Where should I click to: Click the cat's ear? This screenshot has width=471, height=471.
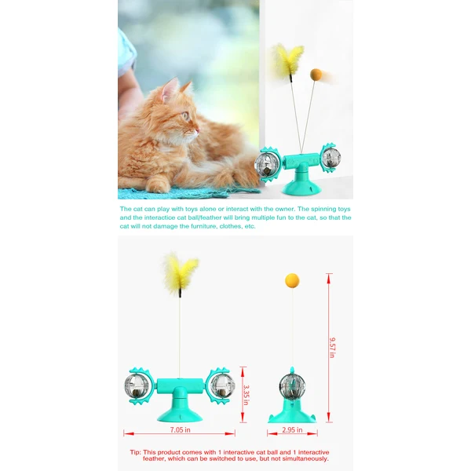(169, 90)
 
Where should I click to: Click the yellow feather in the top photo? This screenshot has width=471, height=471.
(289, 60)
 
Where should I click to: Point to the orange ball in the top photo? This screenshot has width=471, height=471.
(316, 74)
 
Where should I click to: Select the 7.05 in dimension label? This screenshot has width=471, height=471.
(181, 430)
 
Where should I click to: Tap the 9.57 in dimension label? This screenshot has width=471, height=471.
(332, 347)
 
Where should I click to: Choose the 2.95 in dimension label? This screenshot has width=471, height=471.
(292, 430)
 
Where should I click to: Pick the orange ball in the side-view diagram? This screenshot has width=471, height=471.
(292, 279)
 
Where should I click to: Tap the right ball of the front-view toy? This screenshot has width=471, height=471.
(222, 385)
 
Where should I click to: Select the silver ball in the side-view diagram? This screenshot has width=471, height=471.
(292, 385)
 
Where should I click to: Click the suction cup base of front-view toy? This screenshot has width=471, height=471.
(179, 411)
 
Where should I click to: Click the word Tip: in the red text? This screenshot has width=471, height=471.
(137, 452)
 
